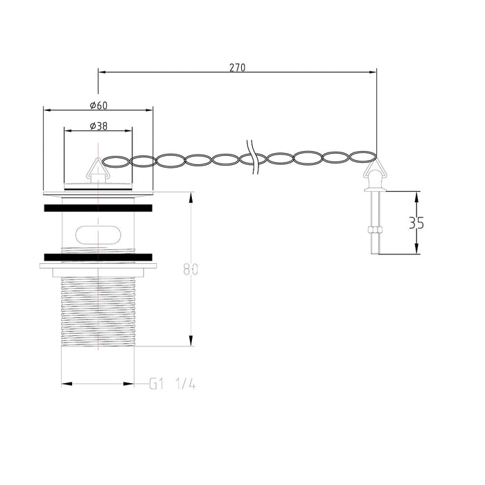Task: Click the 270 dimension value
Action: [x=237, y=68]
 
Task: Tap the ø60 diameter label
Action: [x=98, y=105]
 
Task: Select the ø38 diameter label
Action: [x=98, y=125]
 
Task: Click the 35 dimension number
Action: [x=416, y=223]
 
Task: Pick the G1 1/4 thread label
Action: [x=173, y=383]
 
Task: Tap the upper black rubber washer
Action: [x=98, y=206]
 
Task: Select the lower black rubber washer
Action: [x=98, y=257]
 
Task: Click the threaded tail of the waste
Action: [x=98, y=312]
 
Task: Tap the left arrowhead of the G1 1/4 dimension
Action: [x=64, y=383]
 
